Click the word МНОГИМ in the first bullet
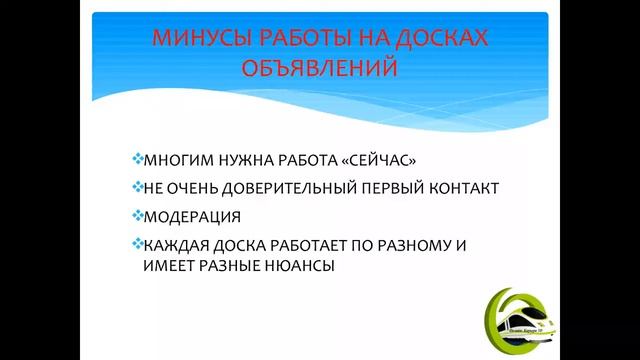click(x=175, y=159)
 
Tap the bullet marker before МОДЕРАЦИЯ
click(x=137, y=215)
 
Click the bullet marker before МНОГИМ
click(x=137, y=158)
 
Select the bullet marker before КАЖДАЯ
click(x=137, y=244)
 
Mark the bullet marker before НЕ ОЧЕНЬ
click(x=137, y=186)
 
